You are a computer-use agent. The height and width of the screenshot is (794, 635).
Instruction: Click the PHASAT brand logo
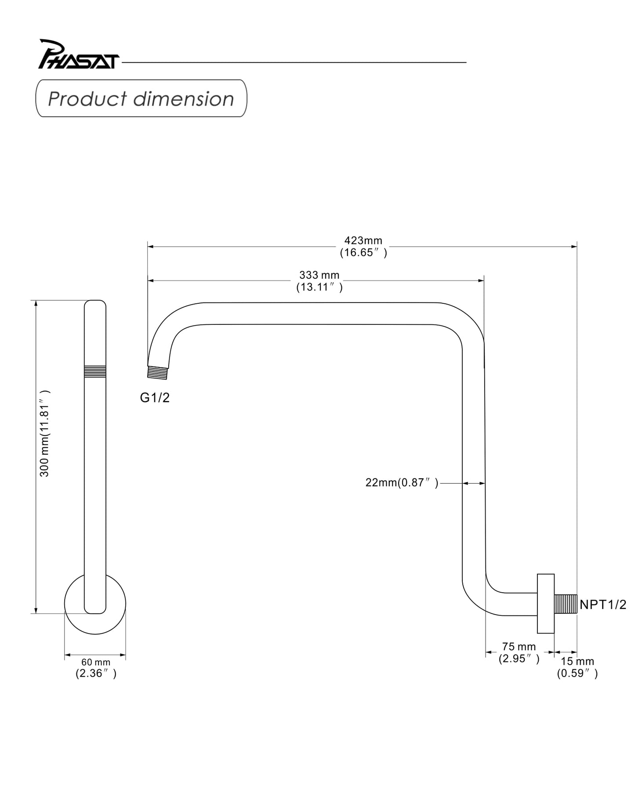pyautogui.click(x=78, y=55)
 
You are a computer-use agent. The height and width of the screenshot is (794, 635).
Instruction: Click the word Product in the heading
pyautogui.click(x=87, y=99)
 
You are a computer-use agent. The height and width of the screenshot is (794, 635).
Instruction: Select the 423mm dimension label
pyautogui.click(x=363, y=240)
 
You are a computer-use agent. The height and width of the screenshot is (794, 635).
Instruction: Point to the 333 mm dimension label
pyautogui.click(x=319, y=275)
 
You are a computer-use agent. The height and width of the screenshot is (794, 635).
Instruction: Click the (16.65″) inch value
pyautogui.click(x=363, y=253)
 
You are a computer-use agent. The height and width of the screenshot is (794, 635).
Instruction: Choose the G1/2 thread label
pyautogui.click(x=155, y=398)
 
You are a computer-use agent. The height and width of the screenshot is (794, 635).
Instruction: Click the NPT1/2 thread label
pyautogui.click(x=602, y=605)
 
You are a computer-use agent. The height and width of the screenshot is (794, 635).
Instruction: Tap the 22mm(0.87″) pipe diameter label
pyautogui.click(x=402, y=483)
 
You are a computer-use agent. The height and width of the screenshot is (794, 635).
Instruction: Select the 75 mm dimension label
pyautogui.click(x=519, y=647)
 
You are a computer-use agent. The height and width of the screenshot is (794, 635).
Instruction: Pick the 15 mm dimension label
pyautogui.click(x=577, y=661)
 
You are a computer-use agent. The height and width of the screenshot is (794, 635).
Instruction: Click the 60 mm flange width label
pyautogui.click(x=95, y=662)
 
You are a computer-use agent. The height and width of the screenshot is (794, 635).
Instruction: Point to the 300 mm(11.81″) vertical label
pyautogui.click(x=45, y=433)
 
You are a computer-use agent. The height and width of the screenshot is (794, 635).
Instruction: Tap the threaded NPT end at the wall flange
pyautogui.click(x=566, y=604)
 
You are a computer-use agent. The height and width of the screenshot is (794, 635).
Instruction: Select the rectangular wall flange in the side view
pyautogui.click(x=545, y=603)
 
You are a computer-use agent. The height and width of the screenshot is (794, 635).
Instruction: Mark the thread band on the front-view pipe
pyautogui.click(x=95, y=371)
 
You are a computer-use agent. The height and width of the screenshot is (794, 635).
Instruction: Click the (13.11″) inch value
pyautogui.click(x=319, y=287)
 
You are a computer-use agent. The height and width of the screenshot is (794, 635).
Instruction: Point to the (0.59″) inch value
pyautogui.click(x=577, y=674)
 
